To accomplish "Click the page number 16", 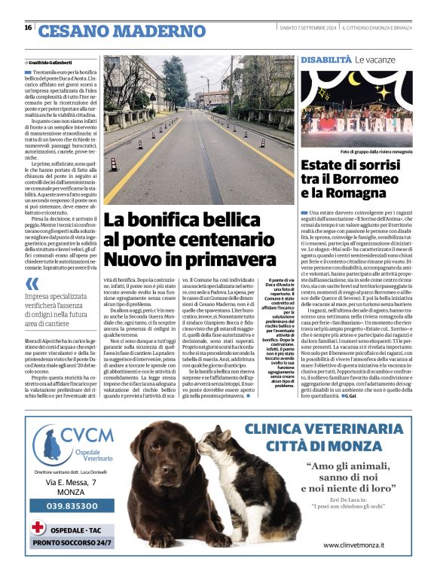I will point(28,28).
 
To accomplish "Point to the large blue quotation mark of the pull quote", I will point(32,284).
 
